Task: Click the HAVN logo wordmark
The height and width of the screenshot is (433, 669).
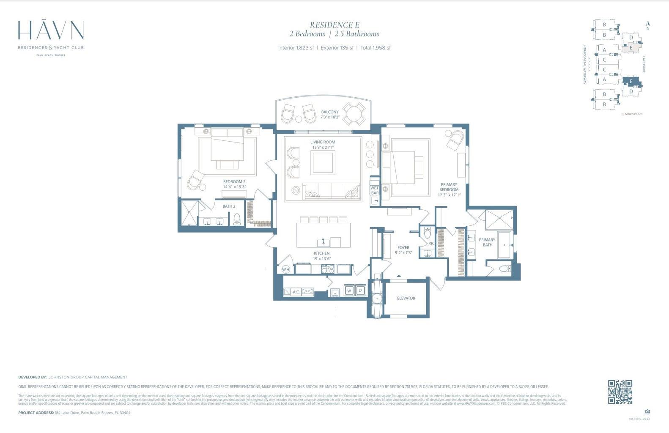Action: (x=51, y=30)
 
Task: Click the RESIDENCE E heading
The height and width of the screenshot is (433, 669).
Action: (x=334, y=25)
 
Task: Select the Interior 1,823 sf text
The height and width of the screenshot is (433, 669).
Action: (x=296, y=48)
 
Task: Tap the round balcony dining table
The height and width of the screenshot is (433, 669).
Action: (x=354, y=113)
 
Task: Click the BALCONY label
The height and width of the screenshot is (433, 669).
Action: (x=330, y=112)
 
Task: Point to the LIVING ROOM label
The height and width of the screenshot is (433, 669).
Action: (x=322, y=142)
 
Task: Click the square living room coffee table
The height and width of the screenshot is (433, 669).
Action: (x=323, y=162)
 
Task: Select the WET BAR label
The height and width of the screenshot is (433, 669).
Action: (x=375, y=190)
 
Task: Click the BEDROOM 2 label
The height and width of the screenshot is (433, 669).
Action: (x=234, y=182)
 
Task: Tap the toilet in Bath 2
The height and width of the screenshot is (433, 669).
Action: (x=237, y=219)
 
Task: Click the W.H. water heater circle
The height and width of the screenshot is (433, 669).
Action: (x=286, y=269)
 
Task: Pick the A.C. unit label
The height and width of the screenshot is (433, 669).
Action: (x=296, y=292)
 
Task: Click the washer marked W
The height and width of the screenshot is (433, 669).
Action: (x=349, y=291)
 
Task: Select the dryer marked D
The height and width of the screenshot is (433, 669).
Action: (x=360, y=291)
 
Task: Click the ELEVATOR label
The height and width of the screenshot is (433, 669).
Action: (x=406, y=298)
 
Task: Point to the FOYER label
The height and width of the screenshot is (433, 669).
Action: (x=403, y=248)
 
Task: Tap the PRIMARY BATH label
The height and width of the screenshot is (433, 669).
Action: (x=487, y=242)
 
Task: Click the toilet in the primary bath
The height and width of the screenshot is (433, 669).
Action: (x=504, y=269)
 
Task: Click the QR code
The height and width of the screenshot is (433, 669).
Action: (x=620, y=392)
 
